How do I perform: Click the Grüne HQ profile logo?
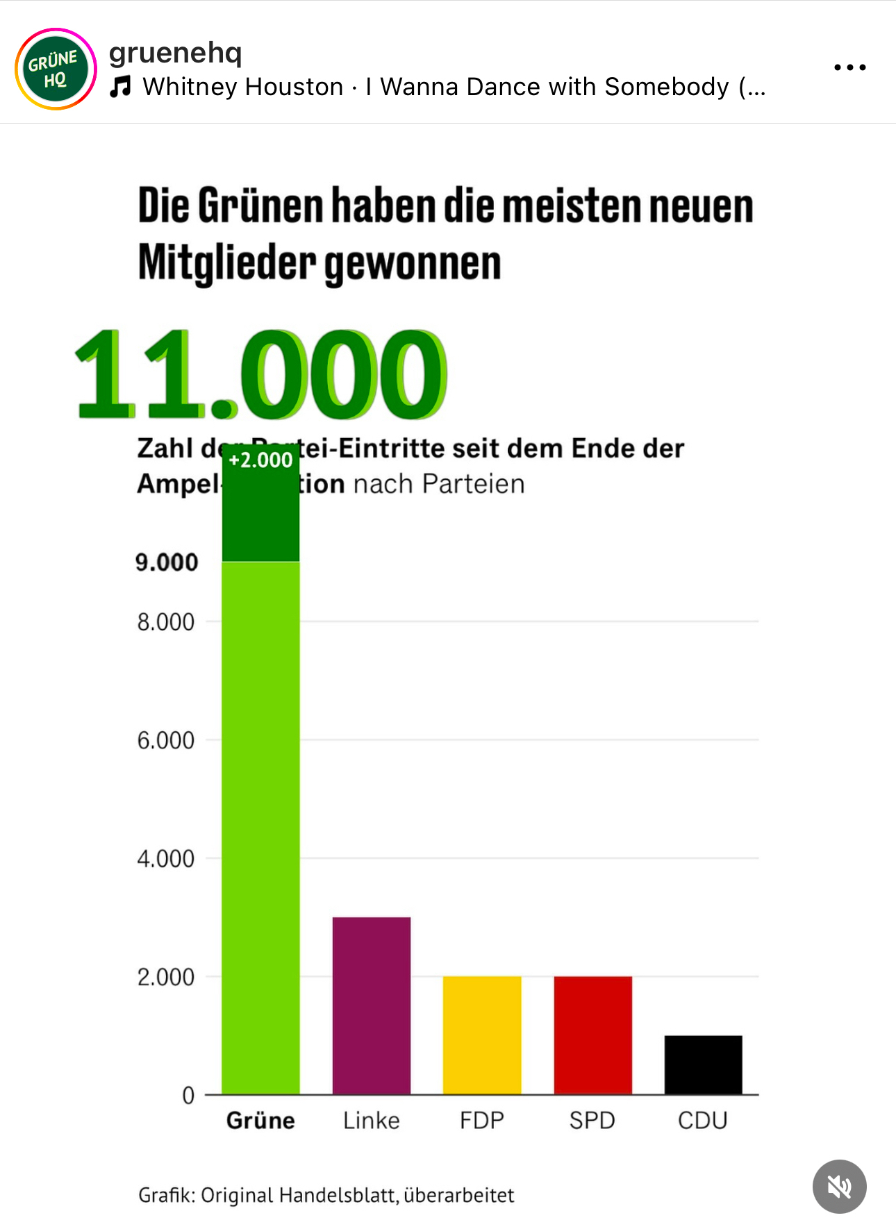[x=56, y=69]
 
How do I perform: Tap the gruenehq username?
[x=176, y=52]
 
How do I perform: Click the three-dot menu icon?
[x=849, y=67]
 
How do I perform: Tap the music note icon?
[x=121, y=87]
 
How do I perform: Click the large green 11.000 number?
[x=260, y=374]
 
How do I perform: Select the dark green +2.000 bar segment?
[x=260, y=514]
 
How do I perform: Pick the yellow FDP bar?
[x=482, y=1035]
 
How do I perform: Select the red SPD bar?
[x=592, y=1035]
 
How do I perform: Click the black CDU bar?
[x=703, y=1064]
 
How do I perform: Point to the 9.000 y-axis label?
[x=167, y=562]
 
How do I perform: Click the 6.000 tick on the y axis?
[x=166, y=740]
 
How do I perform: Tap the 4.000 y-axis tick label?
[x=166, y=859]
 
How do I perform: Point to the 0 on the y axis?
[x=188, y=1096]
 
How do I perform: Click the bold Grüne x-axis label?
[x=260, y=1121]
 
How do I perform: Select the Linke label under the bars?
[x=372, y=1121]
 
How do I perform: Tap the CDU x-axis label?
[x=703, y=1121]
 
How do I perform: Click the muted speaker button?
[x=839, y=1187]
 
